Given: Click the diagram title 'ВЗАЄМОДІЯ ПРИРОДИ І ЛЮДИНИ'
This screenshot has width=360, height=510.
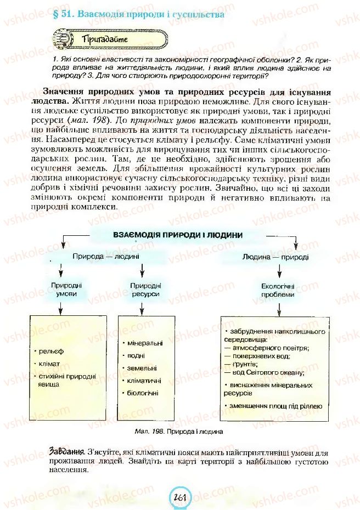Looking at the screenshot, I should (177, 234).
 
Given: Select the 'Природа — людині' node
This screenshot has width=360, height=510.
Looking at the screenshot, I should (105, 256).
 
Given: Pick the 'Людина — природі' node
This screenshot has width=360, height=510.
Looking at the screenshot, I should (268, 256).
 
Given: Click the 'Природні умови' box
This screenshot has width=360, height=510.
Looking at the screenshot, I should (66, 290).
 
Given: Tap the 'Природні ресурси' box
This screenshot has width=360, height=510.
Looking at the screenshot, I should (145, 290).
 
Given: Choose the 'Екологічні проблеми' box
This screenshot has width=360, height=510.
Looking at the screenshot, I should (278, 290).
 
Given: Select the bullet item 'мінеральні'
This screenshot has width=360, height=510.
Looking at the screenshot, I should (144, 343).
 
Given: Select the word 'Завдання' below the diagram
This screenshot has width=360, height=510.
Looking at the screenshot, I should (65, 452).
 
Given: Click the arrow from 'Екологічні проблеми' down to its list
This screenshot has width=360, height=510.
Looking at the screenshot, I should (278, 307).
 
